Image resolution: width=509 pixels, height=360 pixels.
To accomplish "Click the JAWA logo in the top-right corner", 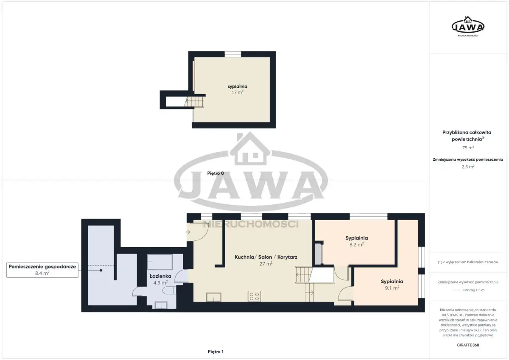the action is coord(468,27).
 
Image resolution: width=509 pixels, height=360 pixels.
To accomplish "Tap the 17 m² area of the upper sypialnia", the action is coord(238,92).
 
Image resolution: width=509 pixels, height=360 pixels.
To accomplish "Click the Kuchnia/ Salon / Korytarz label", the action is coord(266,257).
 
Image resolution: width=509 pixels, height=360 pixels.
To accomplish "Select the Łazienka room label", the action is coord(160,276).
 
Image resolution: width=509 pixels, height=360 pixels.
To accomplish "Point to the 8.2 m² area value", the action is coord(357,244).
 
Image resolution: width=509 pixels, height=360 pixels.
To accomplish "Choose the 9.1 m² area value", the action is coord(392,288).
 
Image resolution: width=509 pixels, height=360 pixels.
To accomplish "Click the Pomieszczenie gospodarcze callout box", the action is coord(42,270).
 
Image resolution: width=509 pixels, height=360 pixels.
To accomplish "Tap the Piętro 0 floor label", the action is coord(215,173).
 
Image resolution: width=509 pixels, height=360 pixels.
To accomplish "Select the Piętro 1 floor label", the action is coord(215,352).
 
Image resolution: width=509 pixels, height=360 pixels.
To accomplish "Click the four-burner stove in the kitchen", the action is coord(254,296).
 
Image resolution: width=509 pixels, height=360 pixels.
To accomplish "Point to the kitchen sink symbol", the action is coord(214,297).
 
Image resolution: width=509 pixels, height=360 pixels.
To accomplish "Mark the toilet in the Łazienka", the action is coord(170,290).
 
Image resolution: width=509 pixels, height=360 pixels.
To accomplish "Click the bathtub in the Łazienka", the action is coord(159,262).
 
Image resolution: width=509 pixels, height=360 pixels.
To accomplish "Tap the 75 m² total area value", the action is coord(468,148).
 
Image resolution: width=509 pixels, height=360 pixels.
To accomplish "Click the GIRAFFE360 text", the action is coord(468,345).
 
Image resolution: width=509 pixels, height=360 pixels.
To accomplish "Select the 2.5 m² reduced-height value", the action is coord(468,167).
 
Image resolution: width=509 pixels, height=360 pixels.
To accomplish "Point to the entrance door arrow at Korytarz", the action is coord(187,232).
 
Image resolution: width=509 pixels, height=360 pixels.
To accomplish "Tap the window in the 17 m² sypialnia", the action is coord(233,54).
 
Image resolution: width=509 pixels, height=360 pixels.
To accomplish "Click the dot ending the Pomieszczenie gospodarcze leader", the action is coord(101,270).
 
